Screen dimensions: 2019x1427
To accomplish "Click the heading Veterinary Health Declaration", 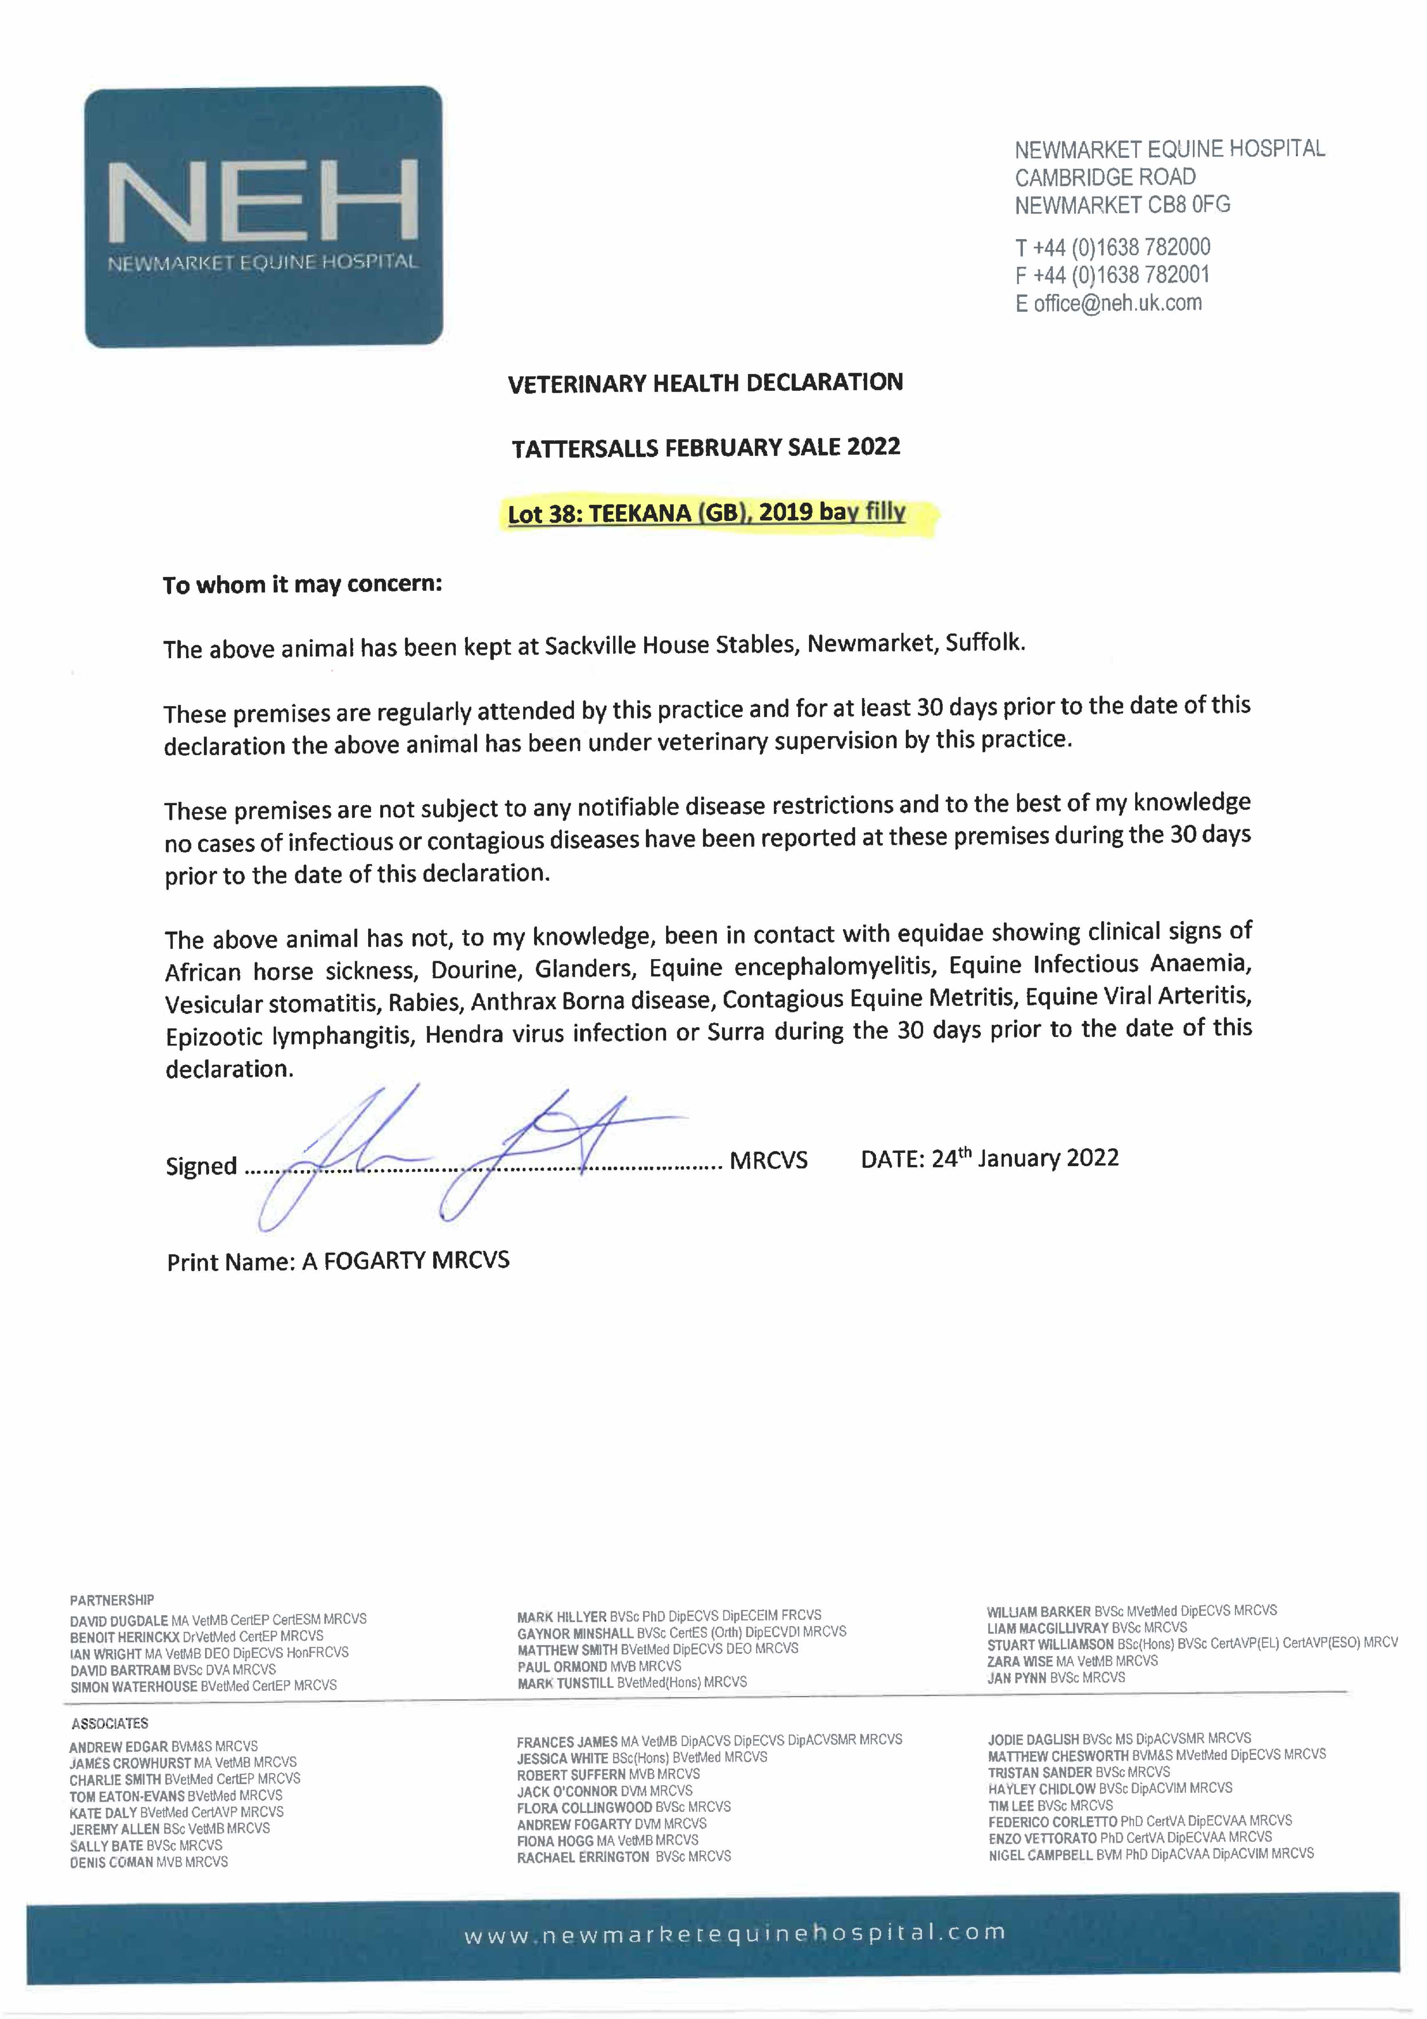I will [705, 382].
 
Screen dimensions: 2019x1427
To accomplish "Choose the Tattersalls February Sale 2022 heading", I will [706, 447].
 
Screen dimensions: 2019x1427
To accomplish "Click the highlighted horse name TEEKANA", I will [640, 514].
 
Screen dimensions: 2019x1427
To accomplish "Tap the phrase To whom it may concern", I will [302, 585].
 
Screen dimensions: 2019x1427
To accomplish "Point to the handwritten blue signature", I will [457, 1152].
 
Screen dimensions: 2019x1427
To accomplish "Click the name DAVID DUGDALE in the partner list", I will [119, 1620].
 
